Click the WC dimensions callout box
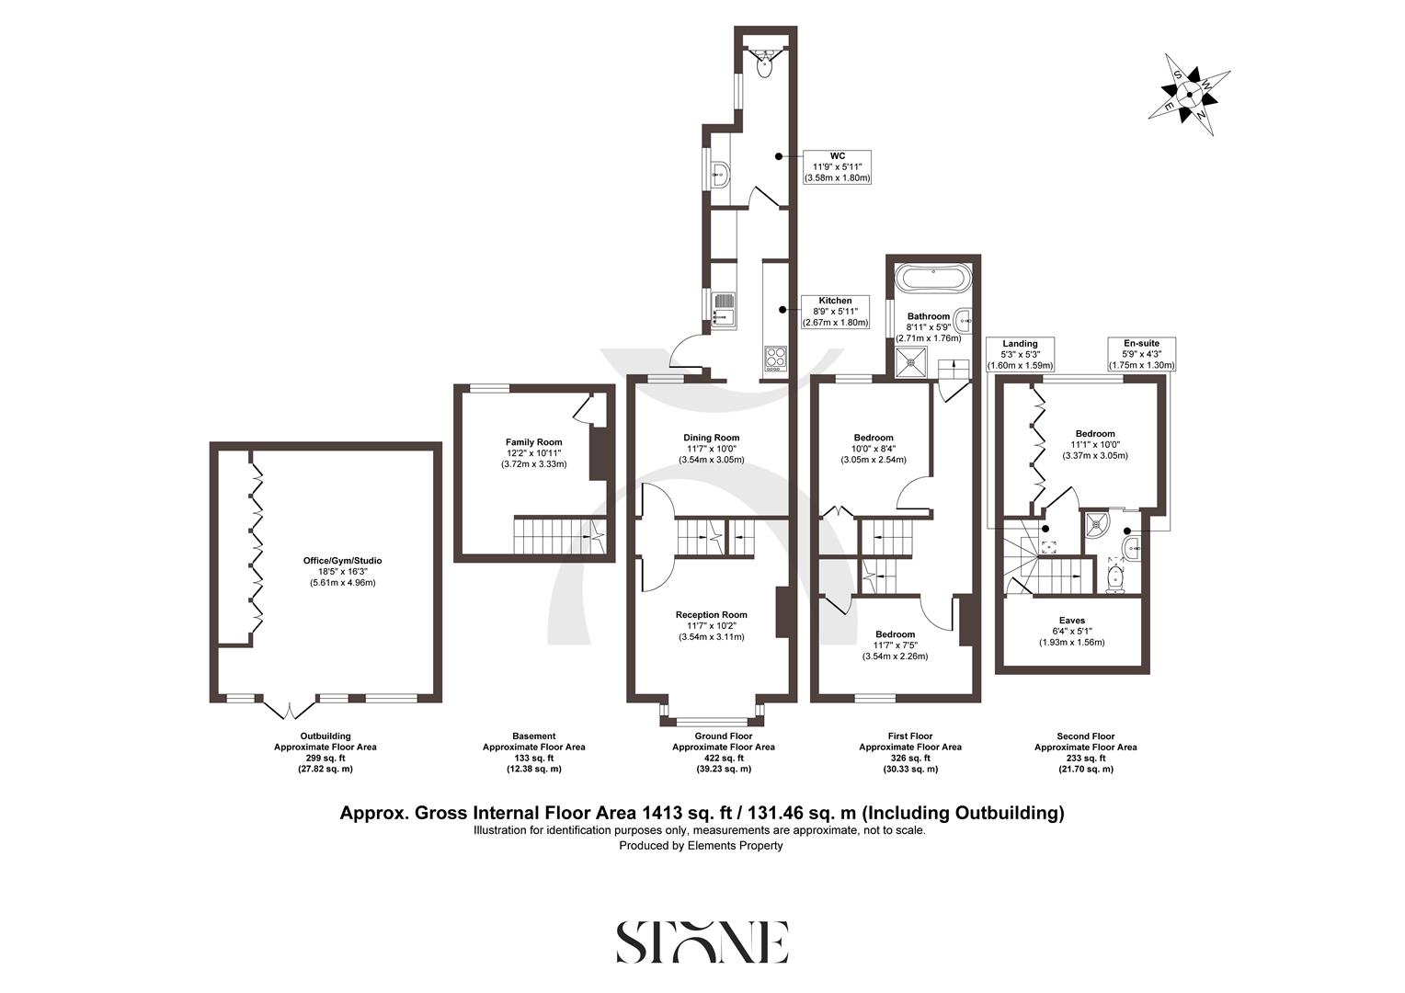[837, 166]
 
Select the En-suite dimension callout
[1140, 354]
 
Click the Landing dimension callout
[1020, 354]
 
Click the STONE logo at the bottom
[702, 941]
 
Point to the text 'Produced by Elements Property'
[701, 845]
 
